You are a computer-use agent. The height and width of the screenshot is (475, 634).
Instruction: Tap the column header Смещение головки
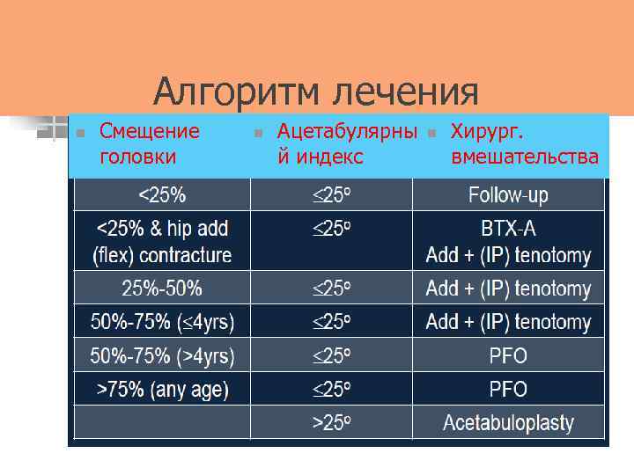pos(149,144)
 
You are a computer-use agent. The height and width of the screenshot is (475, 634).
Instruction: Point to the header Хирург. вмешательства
pos(524,144)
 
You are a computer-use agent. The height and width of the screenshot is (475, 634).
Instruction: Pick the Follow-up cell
pos(508,194)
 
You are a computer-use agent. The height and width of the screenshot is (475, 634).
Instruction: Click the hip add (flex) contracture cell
pos(162,242)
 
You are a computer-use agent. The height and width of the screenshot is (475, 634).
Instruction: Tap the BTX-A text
pos(508,230)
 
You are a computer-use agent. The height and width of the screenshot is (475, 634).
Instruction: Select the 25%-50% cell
pos(162,288)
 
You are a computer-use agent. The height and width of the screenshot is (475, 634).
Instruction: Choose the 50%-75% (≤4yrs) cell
pos(162,322)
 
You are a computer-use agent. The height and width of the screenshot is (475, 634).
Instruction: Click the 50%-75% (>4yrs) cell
pos(162,355)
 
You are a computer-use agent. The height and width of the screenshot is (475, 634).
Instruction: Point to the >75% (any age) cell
pos(162,389)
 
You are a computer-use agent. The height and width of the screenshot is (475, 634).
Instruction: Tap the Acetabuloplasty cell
pos(508,423)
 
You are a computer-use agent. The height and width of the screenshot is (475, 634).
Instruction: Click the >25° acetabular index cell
pos(332,423)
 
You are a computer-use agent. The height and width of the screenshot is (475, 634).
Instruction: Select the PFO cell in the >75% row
pos(508,389)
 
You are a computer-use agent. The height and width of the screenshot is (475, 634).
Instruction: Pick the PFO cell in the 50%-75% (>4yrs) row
pos(508,355)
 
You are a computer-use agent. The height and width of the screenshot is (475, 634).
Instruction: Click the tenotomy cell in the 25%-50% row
pos(508,288)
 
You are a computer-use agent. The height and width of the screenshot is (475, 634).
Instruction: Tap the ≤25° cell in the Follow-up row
pos(332,194)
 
